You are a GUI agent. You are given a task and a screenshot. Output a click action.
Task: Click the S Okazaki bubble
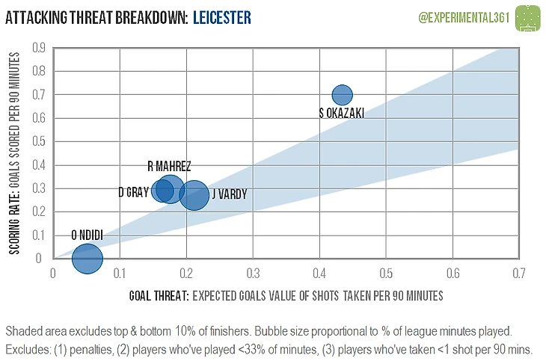342,95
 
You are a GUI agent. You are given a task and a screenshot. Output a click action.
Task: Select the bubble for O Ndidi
87,259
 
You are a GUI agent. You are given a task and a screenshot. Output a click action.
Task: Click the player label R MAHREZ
169,166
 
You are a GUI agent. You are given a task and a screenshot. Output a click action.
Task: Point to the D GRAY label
133,192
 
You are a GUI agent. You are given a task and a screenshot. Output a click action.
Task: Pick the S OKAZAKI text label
342,113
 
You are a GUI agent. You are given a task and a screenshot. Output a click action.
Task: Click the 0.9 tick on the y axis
35,48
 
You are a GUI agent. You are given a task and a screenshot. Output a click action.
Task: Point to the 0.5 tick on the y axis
35,141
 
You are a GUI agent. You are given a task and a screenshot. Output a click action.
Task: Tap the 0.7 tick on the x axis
518,273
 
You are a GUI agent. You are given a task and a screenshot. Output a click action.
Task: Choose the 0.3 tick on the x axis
253,273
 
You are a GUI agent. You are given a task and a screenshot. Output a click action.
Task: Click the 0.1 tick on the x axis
119,273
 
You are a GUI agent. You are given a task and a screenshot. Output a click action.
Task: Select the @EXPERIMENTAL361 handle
461,16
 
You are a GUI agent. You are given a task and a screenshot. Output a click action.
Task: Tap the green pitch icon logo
530,16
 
